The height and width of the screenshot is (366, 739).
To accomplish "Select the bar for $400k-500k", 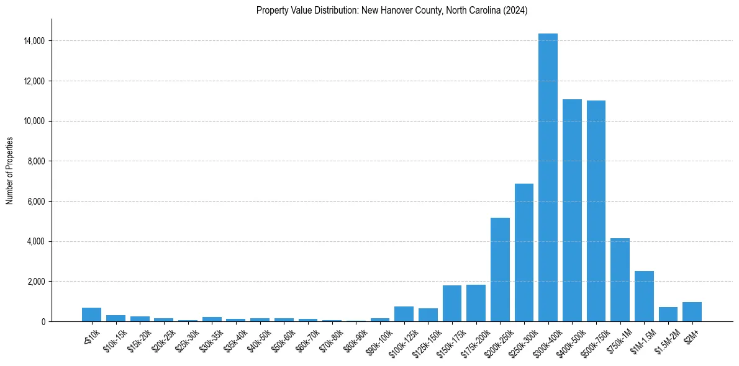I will [572, 210].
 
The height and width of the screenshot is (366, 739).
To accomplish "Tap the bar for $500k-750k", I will [596, 211].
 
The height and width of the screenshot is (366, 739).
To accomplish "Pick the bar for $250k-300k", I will [524, 252].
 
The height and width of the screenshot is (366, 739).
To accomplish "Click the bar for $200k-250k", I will [500, 269].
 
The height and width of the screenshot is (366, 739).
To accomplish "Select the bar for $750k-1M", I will [620, 280].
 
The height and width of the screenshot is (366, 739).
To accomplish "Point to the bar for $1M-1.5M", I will [644, 296].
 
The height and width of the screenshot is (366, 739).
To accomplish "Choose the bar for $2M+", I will [692, 311].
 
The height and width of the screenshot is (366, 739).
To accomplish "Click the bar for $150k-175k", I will [452, 303].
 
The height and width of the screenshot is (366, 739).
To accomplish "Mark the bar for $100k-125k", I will [404, 314].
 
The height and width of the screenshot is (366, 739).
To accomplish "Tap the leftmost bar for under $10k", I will [91, 315].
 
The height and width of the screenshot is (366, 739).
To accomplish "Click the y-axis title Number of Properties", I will [9, 171].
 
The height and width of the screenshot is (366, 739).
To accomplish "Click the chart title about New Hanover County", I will [392, 11].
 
